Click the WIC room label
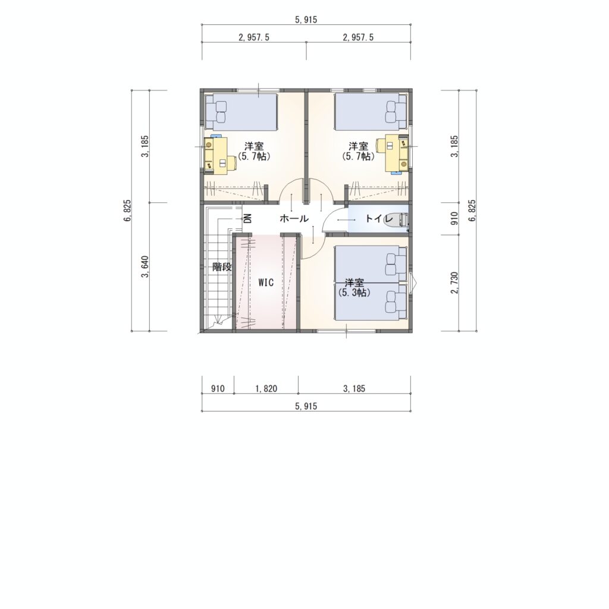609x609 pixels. click(266, 282)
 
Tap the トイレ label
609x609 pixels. click(374, 219)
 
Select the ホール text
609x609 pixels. click(294, 219)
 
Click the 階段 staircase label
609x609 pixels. click(222, 267)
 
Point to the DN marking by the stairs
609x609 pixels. click(248, 219)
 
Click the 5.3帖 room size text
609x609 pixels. click(354, 293)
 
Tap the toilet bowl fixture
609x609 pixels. click(395, 220)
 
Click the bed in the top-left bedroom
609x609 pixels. click(241, 112)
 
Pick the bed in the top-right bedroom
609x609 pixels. click(371, 112)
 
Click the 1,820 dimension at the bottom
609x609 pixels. click(266, 388)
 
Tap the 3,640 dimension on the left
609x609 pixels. click(146, 267)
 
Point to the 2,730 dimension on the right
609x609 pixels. click(455, 282)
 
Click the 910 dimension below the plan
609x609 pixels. click(218, 388)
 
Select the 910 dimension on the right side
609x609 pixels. click(455, 218)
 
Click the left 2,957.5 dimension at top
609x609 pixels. click(254, 37)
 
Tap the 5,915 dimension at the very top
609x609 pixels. click(306, 20)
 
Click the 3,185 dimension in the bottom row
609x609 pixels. click(354, 388)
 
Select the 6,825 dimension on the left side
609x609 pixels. click(128, 211)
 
